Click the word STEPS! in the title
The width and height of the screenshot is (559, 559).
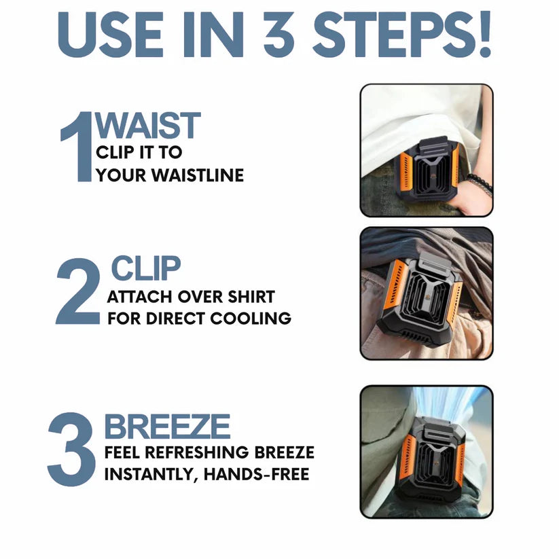coord(402,34)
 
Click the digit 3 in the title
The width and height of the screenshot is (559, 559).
coord(279,35)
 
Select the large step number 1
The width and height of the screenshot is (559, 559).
coord(77,147)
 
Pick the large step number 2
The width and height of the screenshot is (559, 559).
coord(78,291)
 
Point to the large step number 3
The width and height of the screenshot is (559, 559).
coord(71,449)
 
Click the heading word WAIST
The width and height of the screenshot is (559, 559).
coord(147,125)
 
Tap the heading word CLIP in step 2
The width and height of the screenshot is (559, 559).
coord(146,268)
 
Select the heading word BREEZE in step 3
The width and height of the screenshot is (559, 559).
coord(167,427)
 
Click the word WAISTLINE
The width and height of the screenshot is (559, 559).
coord(198,175)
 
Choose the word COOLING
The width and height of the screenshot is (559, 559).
coord(251,319)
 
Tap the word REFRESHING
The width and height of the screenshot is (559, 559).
coord(197,453)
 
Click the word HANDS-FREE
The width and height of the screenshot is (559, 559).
coord(256,475)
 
